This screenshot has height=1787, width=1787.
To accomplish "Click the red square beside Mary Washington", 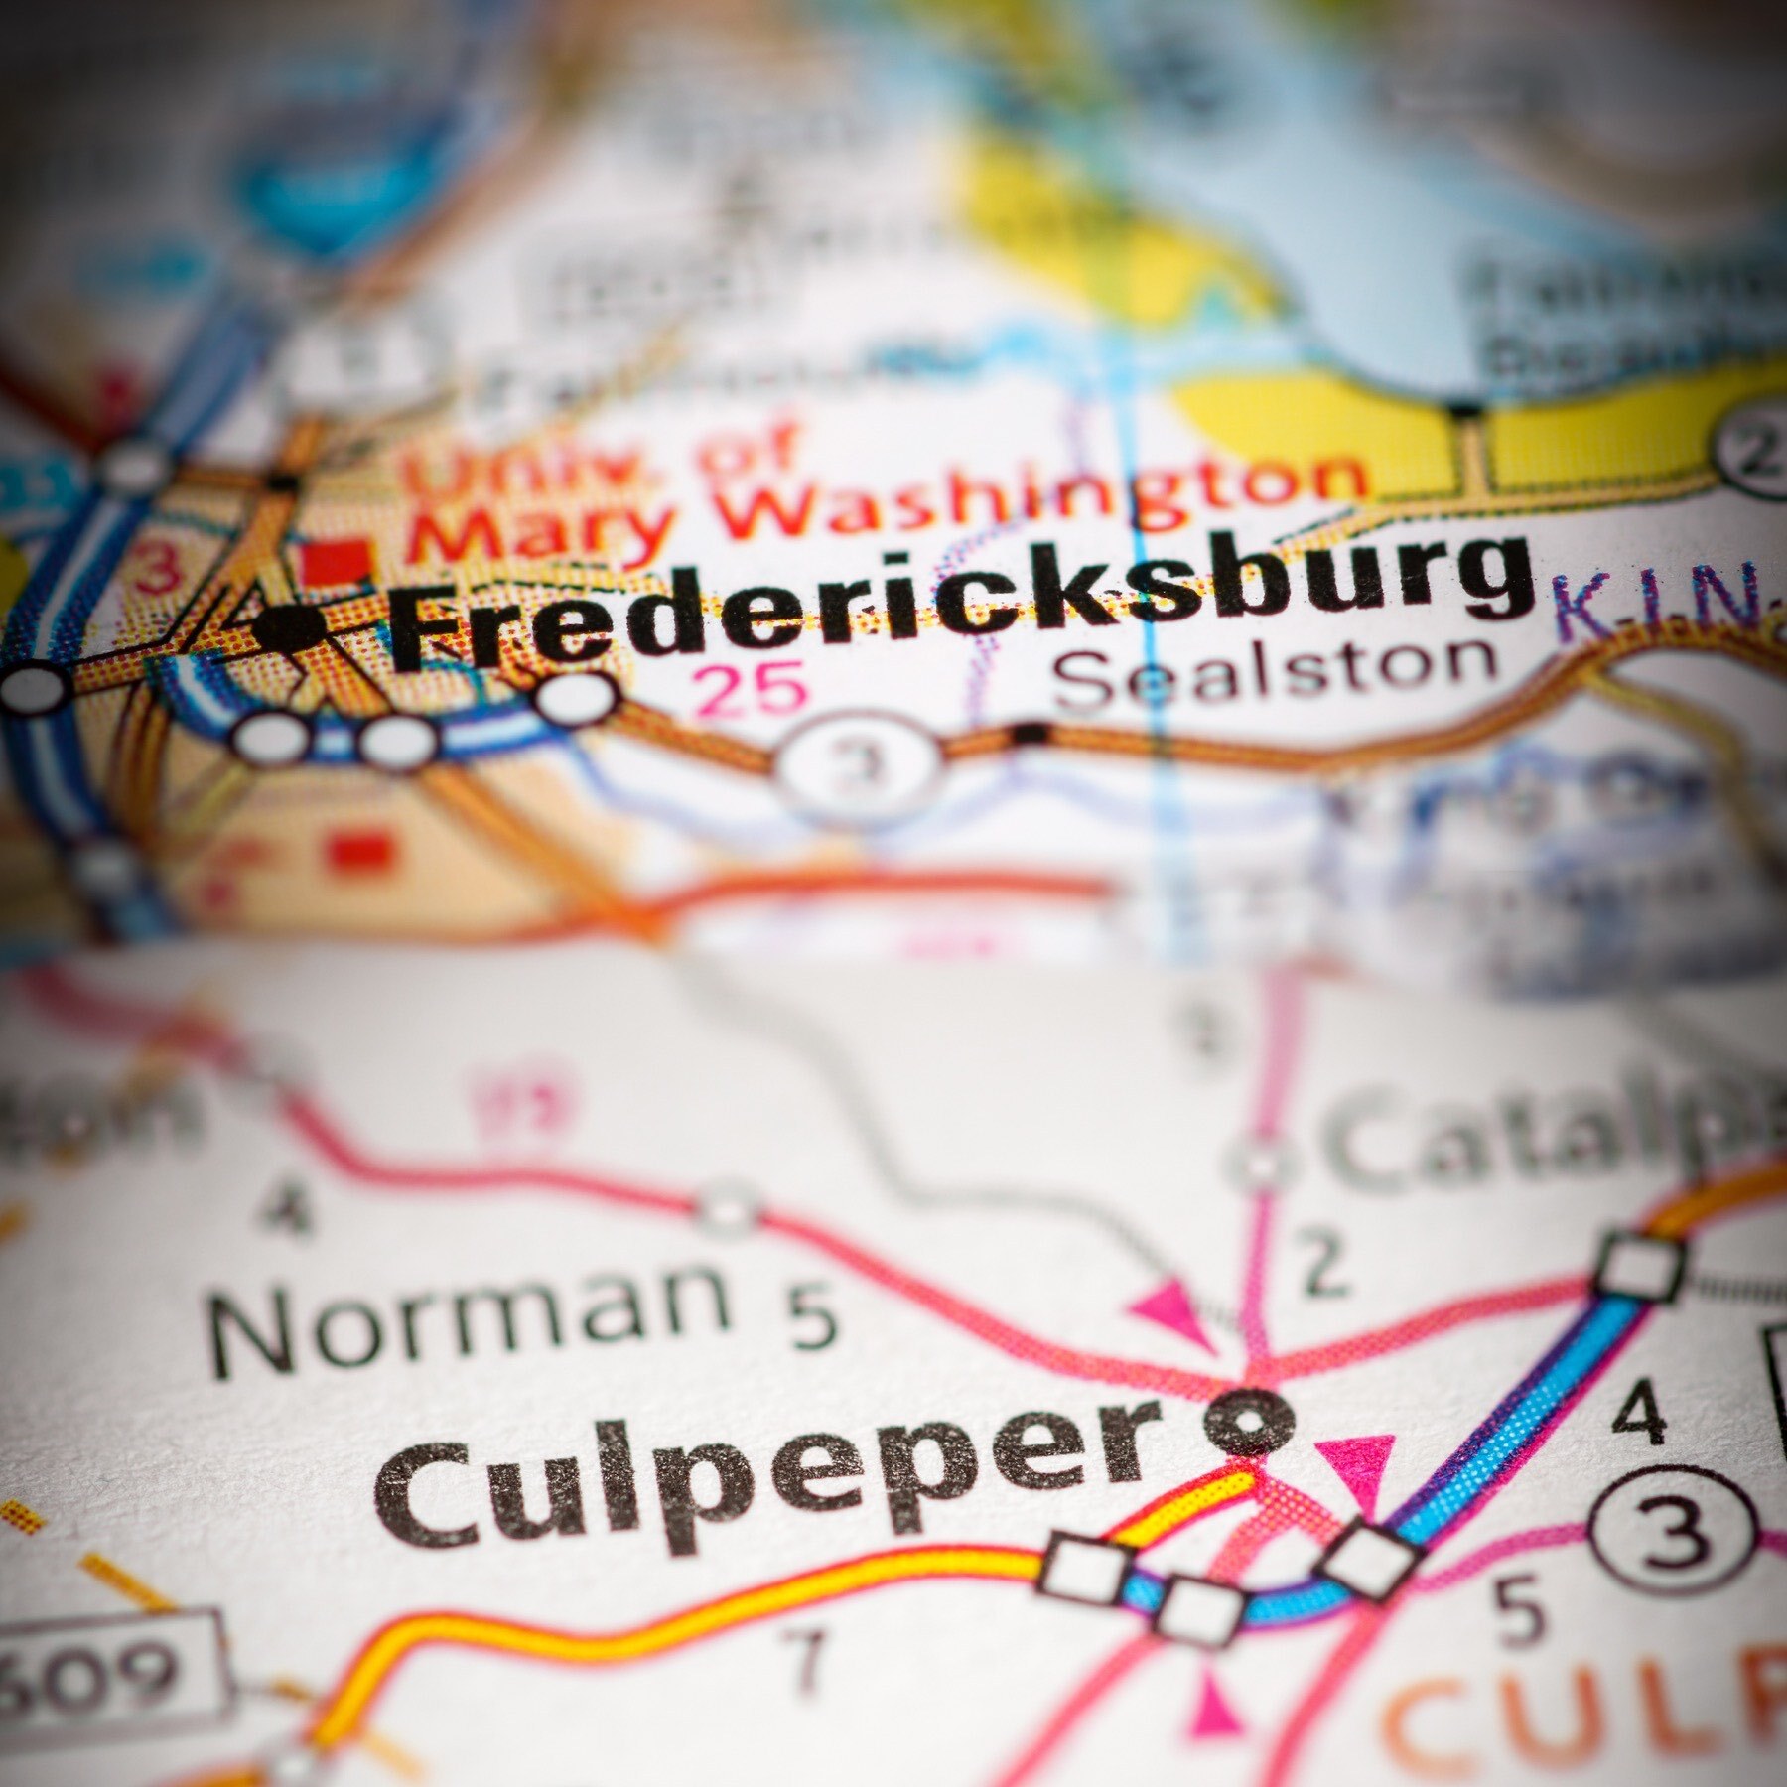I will [x=336, y=562].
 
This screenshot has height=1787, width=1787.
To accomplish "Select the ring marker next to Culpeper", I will [x=1249, y=1422].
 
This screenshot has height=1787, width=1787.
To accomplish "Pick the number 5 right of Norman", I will [x=814, y=1317].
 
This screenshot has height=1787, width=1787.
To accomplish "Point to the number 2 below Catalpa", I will [x=1325, y=1266].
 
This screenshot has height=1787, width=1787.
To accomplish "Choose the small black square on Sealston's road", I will [x=1030, y=734].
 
